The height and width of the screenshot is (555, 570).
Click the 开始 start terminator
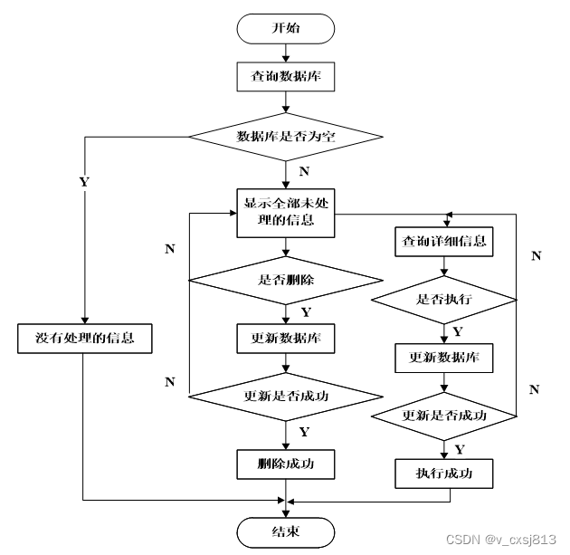(285, 28)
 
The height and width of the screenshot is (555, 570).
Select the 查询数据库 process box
(285, 77)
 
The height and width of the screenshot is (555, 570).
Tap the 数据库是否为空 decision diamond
(285, 137)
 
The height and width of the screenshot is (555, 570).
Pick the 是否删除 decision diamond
(285, 281)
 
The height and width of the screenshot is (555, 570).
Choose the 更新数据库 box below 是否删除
(285, 339)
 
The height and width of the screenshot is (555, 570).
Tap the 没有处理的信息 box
(84, 339)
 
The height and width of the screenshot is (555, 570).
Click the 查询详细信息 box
(443, 242)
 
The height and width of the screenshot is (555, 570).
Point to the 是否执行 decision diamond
(443, 299)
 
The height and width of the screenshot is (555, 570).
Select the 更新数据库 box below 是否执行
(443, 358)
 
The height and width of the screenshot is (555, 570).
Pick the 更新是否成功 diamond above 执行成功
(443, 416)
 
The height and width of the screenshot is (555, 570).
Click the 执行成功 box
(443, 473)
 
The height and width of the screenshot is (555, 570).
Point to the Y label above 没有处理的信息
(84, 181)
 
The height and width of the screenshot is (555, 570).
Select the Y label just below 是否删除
(305, 312)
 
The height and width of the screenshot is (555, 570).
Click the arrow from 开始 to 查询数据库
(285, 52)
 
